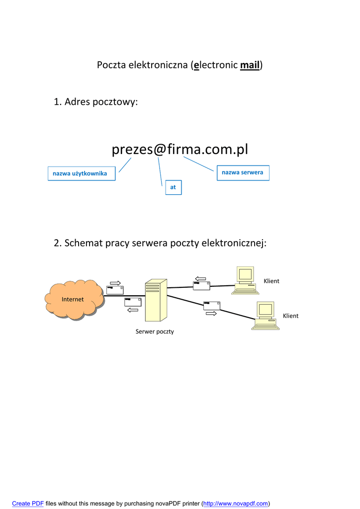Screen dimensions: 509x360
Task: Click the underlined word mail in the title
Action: tap(250, 65)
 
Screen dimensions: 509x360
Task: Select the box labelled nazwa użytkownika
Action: tap(81, 173)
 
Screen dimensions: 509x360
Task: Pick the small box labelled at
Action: tap(173, 187)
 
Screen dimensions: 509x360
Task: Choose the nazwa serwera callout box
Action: tap(243, 172)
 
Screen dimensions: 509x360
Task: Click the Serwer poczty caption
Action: tap(155, 332)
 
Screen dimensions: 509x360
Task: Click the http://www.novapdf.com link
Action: tap(236, 504)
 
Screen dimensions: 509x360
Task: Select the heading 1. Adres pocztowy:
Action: tap(95, 102)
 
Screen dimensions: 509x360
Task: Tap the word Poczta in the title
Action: tap(111, 65)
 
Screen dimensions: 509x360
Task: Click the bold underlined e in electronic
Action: tap(196, 65)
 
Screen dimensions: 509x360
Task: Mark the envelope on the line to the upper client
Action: tap(201, 285)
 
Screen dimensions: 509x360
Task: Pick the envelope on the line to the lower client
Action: tap(211, 306)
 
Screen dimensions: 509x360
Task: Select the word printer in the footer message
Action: tap(189, 504)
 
